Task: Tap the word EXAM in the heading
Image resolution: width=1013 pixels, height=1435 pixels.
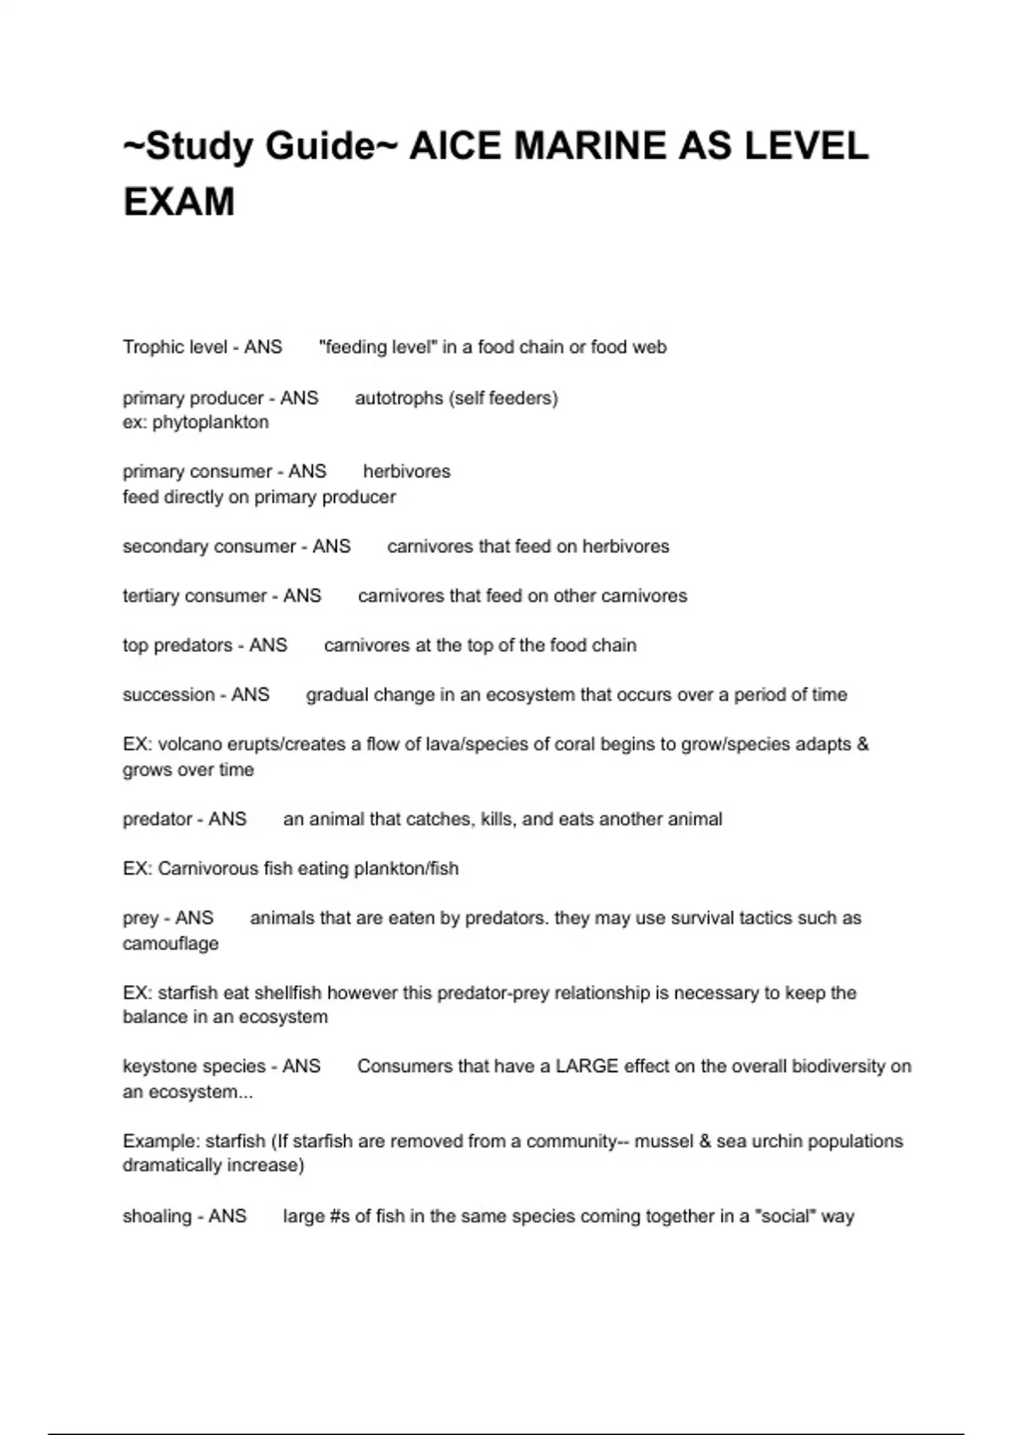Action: [179, 203]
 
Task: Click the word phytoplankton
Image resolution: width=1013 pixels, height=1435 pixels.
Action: [210, 422]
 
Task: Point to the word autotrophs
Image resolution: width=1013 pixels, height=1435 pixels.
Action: [397, 398]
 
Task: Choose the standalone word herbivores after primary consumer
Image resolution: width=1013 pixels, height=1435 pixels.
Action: [407, 471]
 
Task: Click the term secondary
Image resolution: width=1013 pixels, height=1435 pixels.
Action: [162, 546]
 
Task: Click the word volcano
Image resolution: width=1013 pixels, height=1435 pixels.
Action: [190, 745]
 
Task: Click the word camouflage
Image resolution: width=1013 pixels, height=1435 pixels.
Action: [171, 944]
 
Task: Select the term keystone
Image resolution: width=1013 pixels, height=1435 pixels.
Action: [159, 1066]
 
